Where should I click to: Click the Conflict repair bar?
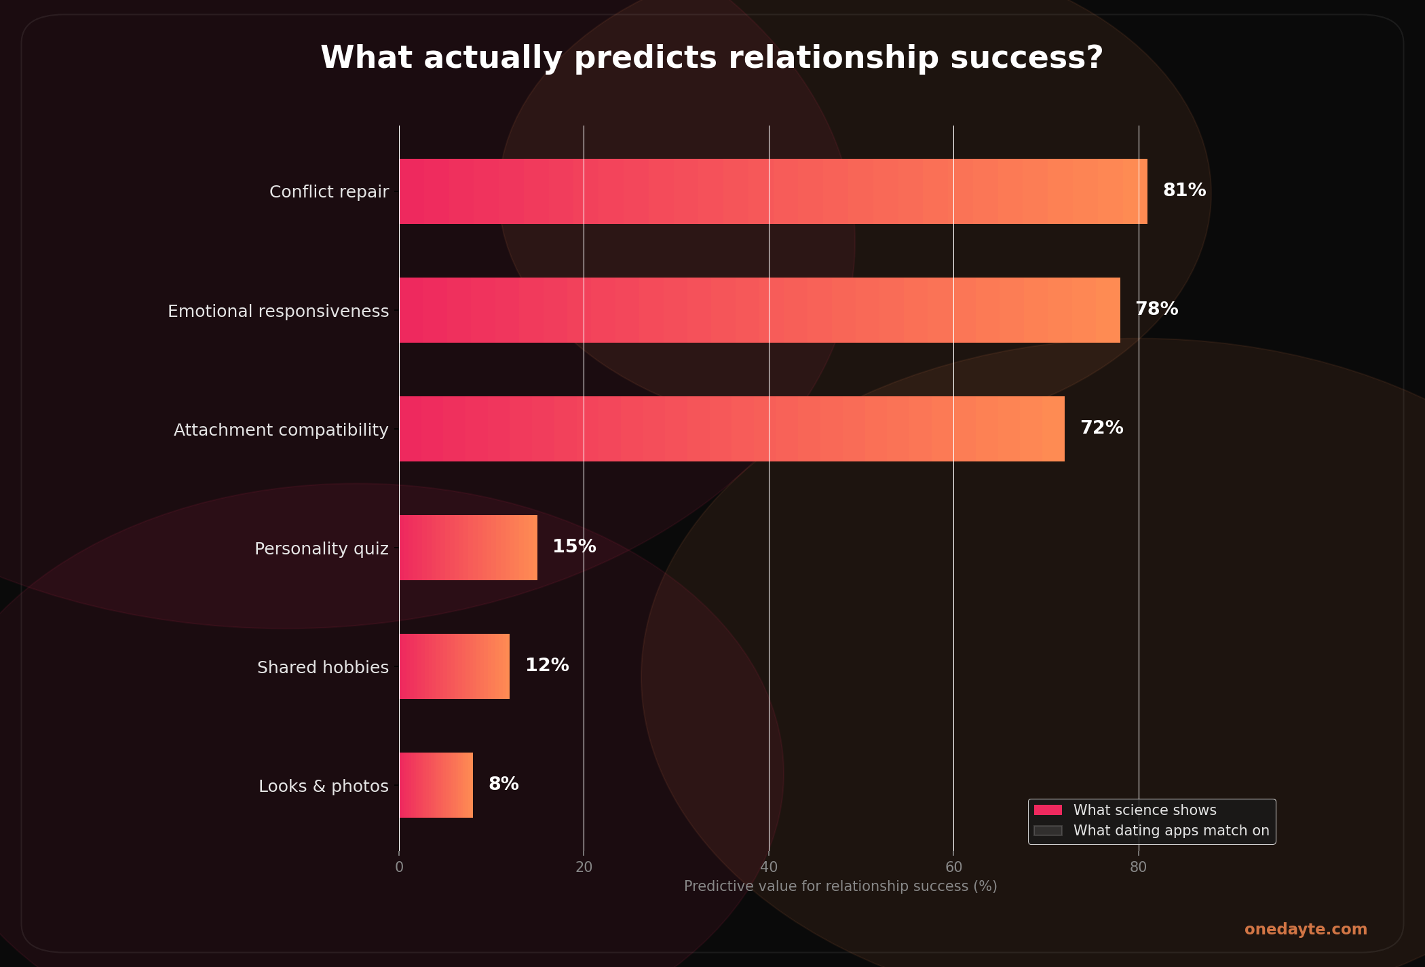coord(773,191)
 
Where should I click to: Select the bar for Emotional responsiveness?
coord(759,310)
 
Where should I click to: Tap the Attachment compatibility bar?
coord(731,429)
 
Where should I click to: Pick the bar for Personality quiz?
coord(468,548)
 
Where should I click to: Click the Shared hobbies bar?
coord(454,666)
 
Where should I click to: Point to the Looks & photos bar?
coord(436,785)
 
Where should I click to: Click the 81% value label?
coord(1184,191)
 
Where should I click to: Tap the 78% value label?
coord(1156,309)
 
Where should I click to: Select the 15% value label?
coord(574,547)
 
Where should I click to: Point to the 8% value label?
coord(503,784)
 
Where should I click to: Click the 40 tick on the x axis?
coord(769,867)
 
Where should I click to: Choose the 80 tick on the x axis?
coord(1138,867)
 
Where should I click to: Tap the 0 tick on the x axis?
coord(399,867)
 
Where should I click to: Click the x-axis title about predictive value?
coord(840,886)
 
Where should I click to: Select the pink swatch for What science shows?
coord(1048,810)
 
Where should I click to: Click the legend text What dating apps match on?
coord(1171,831)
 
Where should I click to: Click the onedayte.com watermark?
coord(1306,930)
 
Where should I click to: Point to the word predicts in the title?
coord(645,58)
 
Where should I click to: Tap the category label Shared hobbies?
coord(323,668)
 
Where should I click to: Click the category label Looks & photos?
coord(324,786)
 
